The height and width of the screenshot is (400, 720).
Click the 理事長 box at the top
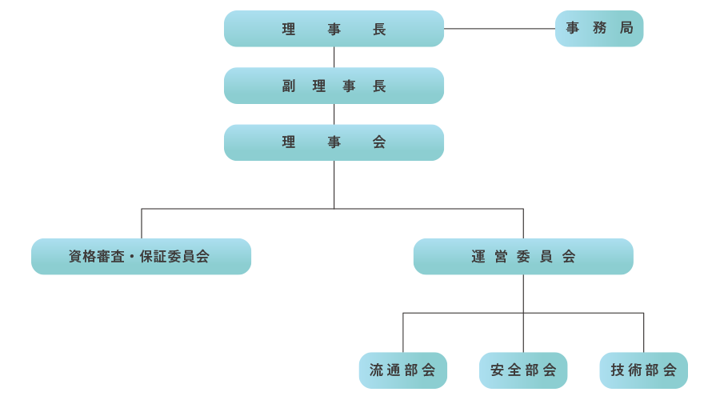334,29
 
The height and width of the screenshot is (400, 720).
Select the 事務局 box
599,29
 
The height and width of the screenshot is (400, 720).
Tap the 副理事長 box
334,86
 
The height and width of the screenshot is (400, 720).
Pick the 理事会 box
334,142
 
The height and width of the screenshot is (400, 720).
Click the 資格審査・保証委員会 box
141,257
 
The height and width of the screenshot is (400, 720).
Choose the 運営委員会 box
523,257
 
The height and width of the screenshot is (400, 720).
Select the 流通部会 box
403,370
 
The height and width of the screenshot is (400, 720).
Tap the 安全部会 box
523,370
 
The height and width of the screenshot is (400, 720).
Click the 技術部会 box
643,370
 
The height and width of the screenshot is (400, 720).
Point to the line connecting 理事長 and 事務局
500,29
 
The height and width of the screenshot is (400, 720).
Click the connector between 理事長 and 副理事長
334,57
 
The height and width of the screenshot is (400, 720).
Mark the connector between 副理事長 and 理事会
334,114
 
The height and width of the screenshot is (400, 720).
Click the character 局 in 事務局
626,29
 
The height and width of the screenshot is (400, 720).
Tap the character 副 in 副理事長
289,86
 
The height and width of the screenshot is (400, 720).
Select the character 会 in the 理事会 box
379,142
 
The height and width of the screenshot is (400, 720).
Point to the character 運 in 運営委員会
478,257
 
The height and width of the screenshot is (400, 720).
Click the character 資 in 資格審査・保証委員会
75,257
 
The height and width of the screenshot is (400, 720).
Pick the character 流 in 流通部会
377,370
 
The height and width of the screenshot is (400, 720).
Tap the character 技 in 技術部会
618,370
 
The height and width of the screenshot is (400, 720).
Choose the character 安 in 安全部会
497,370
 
